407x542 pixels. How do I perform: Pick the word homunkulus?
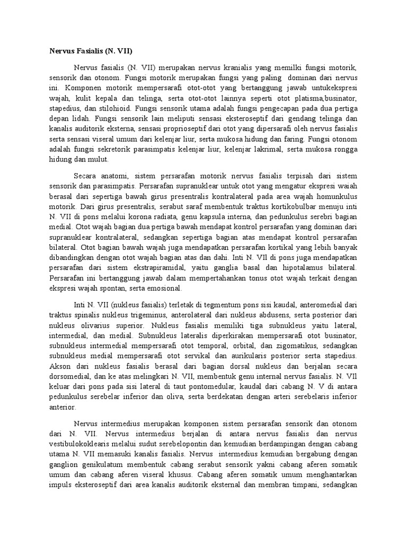[x=338, y=196]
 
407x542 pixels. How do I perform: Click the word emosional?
[x=163, y=288]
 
